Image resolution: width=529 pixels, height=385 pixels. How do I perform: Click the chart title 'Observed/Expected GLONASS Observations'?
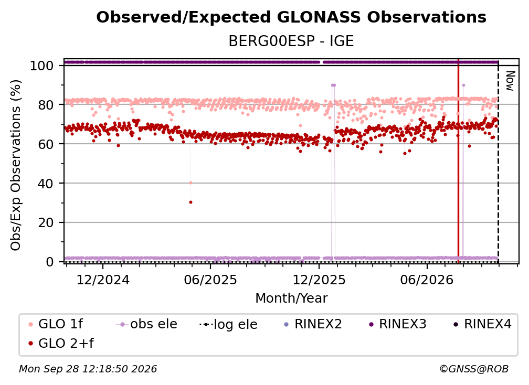[x=291, y=17]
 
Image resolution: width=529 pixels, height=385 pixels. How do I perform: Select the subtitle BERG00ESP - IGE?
[x=291, y=41]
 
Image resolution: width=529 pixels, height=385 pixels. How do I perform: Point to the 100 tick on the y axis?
[x=42, y=66]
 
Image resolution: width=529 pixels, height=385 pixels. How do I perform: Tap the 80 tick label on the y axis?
[x=46, y=105]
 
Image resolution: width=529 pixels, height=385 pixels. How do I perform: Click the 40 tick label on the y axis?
[x=46, y=184]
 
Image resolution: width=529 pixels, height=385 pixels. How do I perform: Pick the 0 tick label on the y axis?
[x=50, y=262]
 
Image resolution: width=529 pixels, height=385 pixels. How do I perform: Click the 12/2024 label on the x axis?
[x=103, y=280]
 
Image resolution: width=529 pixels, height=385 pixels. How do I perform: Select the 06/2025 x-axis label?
[x=210, y=280]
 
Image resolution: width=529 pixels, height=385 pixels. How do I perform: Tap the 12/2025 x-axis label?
[x=319, y=280]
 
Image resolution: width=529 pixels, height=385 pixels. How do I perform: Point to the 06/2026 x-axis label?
[x=427, y=280]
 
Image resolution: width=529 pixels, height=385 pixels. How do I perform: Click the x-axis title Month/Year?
[x=291, y=298]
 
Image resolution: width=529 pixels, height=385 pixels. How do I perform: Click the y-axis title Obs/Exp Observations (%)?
[x=16, y=165]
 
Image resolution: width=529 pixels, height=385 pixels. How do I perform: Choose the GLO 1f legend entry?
[x=56, y=324]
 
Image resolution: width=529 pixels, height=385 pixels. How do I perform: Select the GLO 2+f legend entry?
[x=61, y=343]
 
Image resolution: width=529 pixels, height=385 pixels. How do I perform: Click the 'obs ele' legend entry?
[x=146, y=324]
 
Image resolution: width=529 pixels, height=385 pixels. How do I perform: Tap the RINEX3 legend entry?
[x=398, y=324]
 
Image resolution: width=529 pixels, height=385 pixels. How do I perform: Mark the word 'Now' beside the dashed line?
[x=510, y=81]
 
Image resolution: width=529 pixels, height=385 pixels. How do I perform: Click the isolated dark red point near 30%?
[x=191, y=202]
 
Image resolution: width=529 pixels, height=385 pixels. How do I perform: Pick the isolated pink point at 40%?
[x=191, y=183]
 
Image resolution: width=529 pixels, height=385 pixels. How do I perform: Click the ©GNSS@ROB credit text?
[x=474, y=369]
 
